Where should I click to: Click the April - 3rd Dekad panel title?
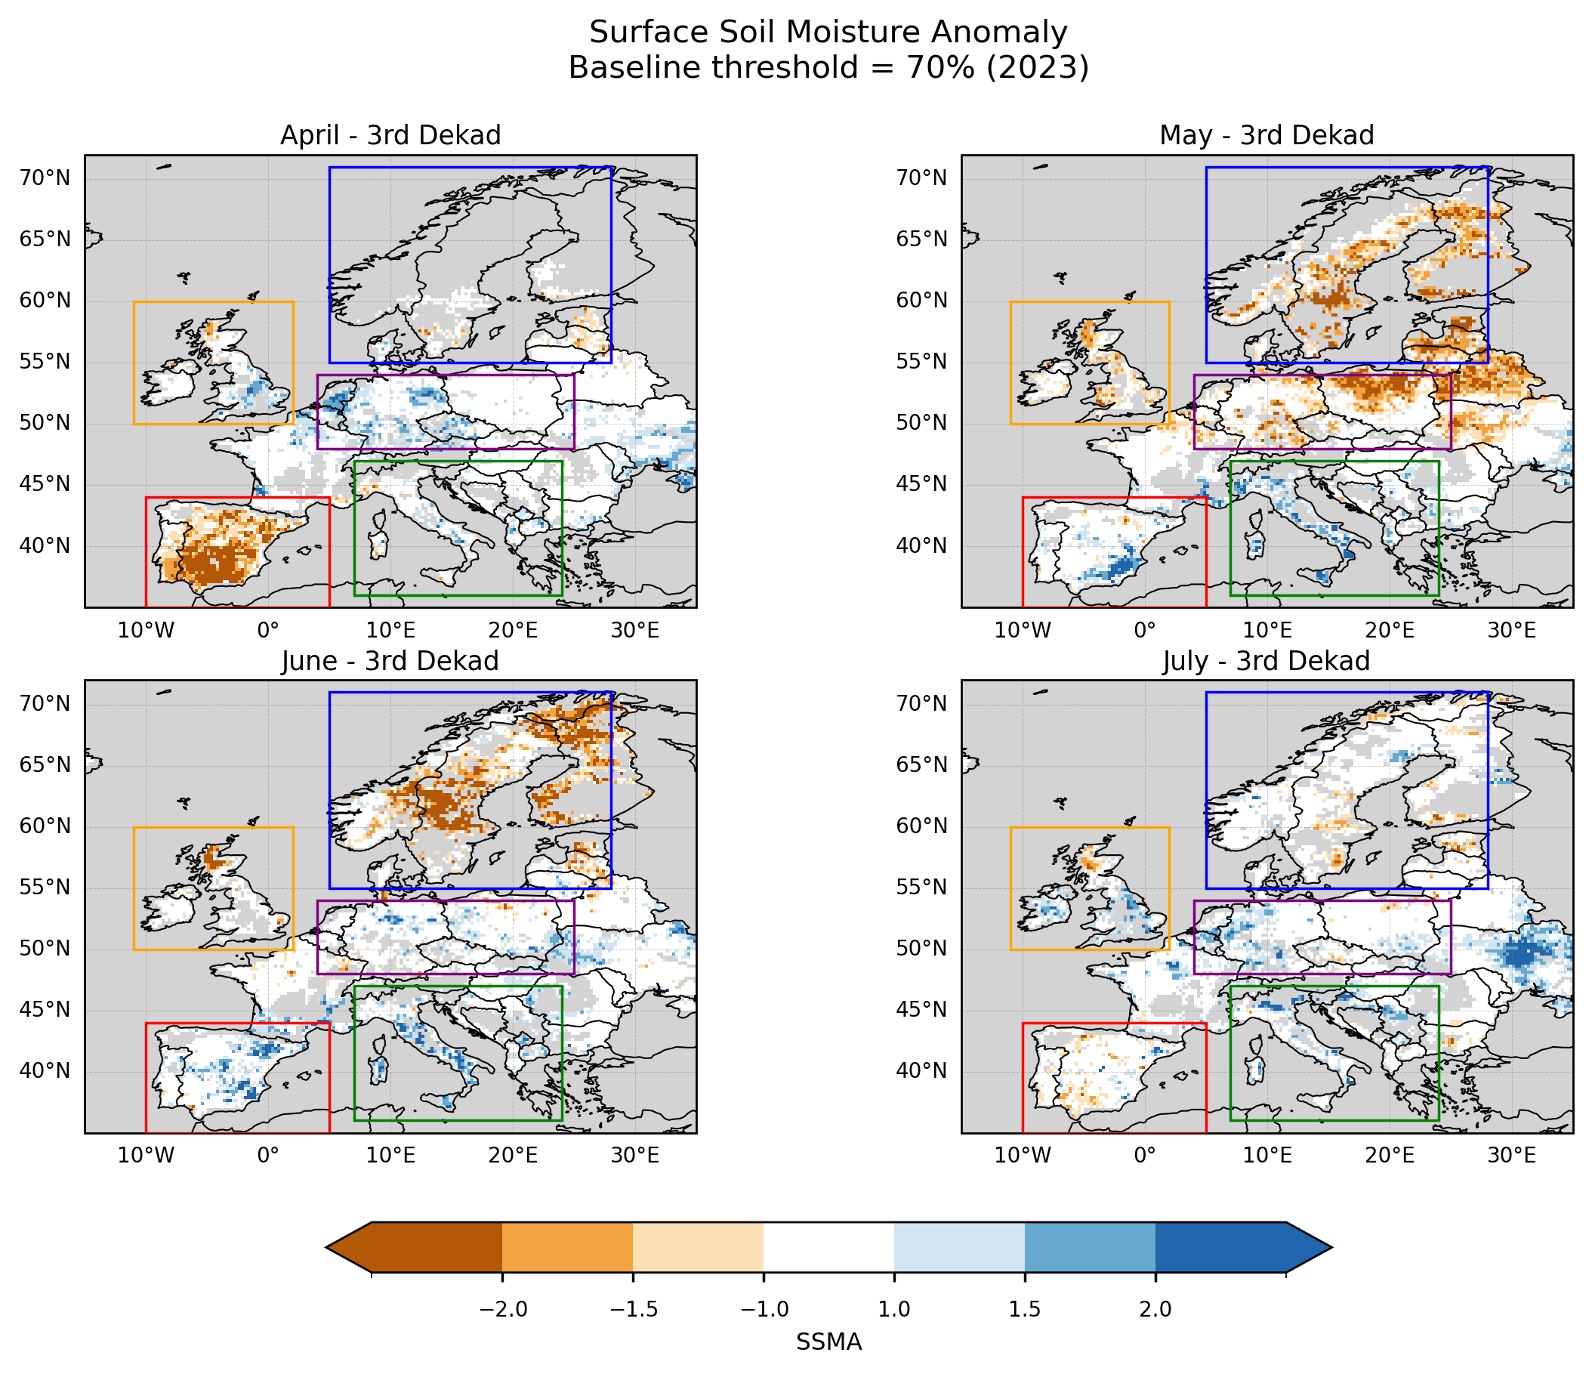pos(390,135)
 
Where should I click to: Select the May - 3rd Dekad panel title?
pos(1267,135)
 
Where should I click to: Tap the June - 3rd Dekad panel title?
pos(390,661)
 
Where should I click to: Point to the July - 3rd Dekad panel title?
pos(1267,661)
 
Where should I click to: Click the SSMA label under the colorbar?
pos(828,1342)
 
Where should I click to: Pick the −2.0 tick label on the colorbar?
pos(502,1310)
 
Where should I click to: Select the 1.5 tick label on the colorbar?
pos(1024,1310)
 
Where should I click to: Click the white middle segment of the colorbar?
pos(828,1246)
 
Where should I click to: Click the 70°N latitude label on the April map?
pos(45,178)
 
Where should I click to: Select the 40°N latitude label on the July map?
pos(921,1071)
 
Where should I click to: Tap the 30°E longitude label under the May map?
pos(1511,631)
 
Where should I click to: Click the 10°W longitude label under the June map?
pos(146,1156)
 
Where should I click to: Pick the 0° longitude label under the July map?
pos(1145,1156)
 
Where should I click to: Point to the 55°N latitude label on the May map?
pos(921,362)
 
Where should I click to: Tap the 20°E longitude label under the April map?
pos(513,631)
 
